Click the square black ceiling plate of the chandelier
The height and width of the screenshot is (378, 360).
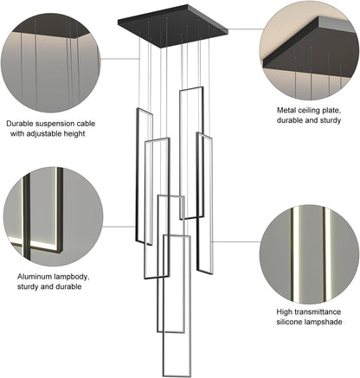[173, 26]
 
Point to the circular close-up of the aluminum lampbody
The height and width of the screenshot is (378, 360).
[53, 216]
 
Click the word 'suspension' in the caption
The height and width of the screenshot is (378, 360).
[55, 124]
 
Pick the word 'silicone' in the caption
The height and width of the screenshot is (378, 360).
[289, 322]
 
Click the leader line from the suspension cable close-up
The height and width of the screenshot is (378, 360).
[120, 59]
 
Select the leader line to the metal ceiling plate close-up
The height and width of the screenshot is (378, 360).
[246, 29]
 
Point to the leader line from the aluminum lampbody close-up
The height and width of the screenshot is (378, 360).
[119, 227]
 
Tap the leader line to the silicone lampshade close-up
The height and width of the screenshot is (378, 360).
[236, 241]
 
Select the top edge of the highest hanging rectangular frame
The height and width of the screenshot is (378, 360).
[191, 89]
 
